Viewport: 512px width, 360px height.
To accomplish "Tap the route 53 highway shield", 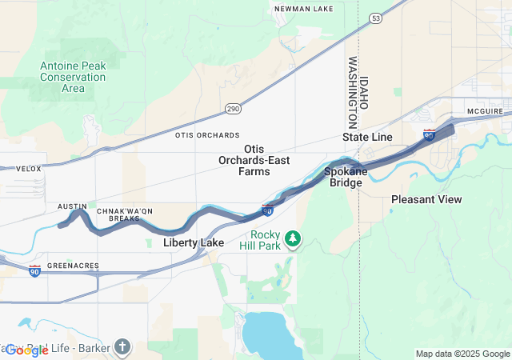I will click(375, 17).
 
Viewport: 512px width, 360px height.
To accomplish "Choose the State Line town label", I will click(367, 138).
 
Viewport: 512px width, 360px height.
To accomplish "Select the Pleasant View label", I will click(426, 198).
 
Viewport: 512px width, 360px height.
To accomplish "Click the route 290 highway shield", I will click(232, 108).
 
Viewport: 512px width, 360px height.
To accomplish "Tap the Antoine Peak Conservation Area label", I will click(73, 77).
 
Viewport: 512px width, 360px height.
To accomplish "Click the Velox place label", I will click(28, 169).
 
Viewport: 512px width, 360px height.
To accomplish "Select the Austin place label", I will click(72, 206).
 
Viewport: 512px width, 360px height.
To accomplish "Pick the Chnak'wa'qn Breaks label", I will click(124, 214).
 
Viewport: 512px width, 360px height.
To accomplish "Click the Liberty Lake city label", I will click(194, 242).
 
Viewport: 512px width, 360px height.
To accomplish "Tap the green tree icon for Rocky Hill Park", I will click(294, 238).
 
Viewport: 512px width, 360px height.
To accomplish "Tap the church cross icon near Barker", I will click(121, 346).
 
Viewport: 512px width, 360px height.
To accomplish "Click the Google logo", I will click(26, 350).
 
